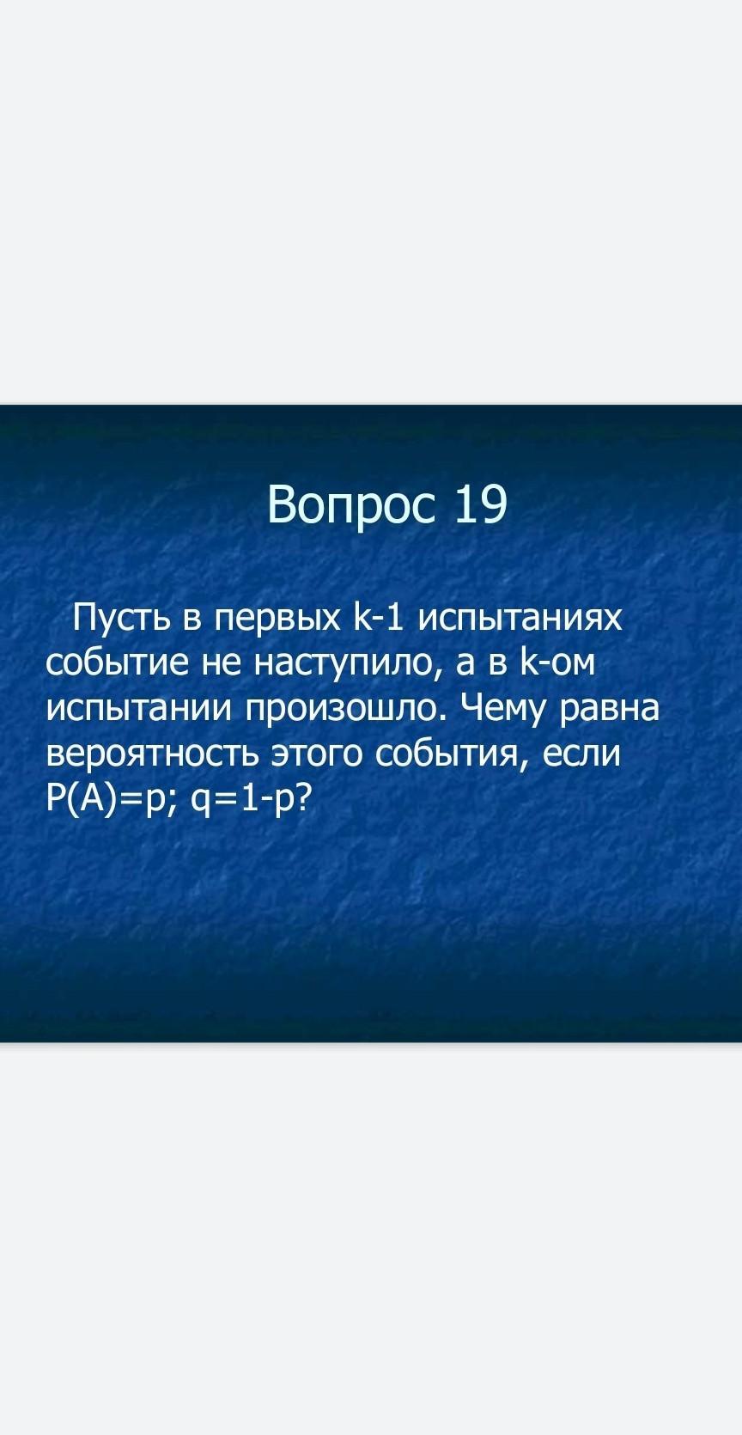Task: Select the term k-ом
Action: (559, 663)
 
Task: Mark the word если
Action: (582, 755)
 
